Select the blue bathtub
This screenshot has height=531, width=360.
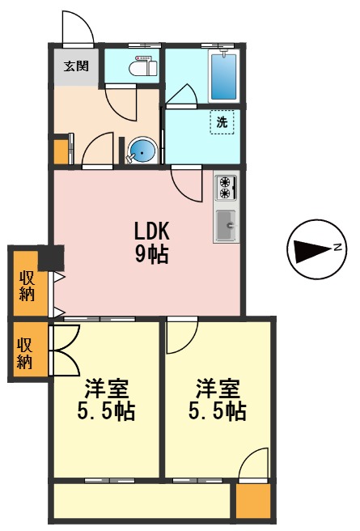coord(223,75)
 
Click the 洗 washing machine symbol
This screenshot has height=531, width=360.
coord(222,122)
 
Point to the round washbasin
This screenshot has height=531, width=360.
coord(143,151)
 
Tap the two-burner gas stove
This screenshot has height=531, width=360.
coord(226,188)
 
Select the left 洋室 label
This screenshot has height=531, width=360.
coord(105,387)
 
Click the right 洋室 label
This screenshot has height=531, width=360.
coord(217,387)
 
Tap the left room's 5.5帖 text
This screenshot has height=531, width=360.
coord(105,411)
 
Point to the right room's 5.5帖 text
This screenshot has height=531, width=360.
coord(217,411)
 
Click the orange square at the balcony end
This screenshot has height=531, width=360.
coord(252,500)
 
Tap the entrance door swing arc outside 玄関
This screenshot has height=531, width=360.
coord(77,26)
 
